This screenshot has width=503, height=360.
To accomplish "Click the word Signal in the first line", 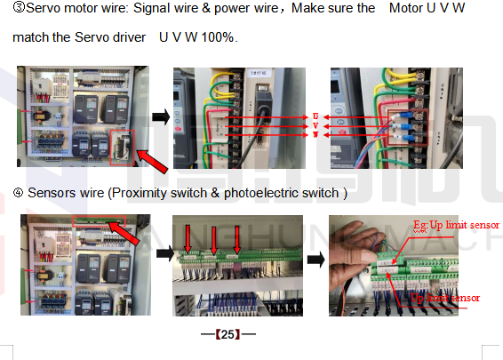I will [x=125, y=8].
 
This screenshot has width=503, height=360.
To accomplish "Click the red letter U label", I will [x=315, y=116].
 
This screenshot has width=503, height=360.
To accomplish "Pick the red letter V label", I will [x=315, y=125].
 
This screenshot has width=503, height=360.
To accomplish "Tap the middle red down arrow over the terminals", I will [x=213, y=239].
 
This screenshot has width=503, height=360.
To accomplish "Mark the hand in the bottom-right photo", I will [x=355, y=258].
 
